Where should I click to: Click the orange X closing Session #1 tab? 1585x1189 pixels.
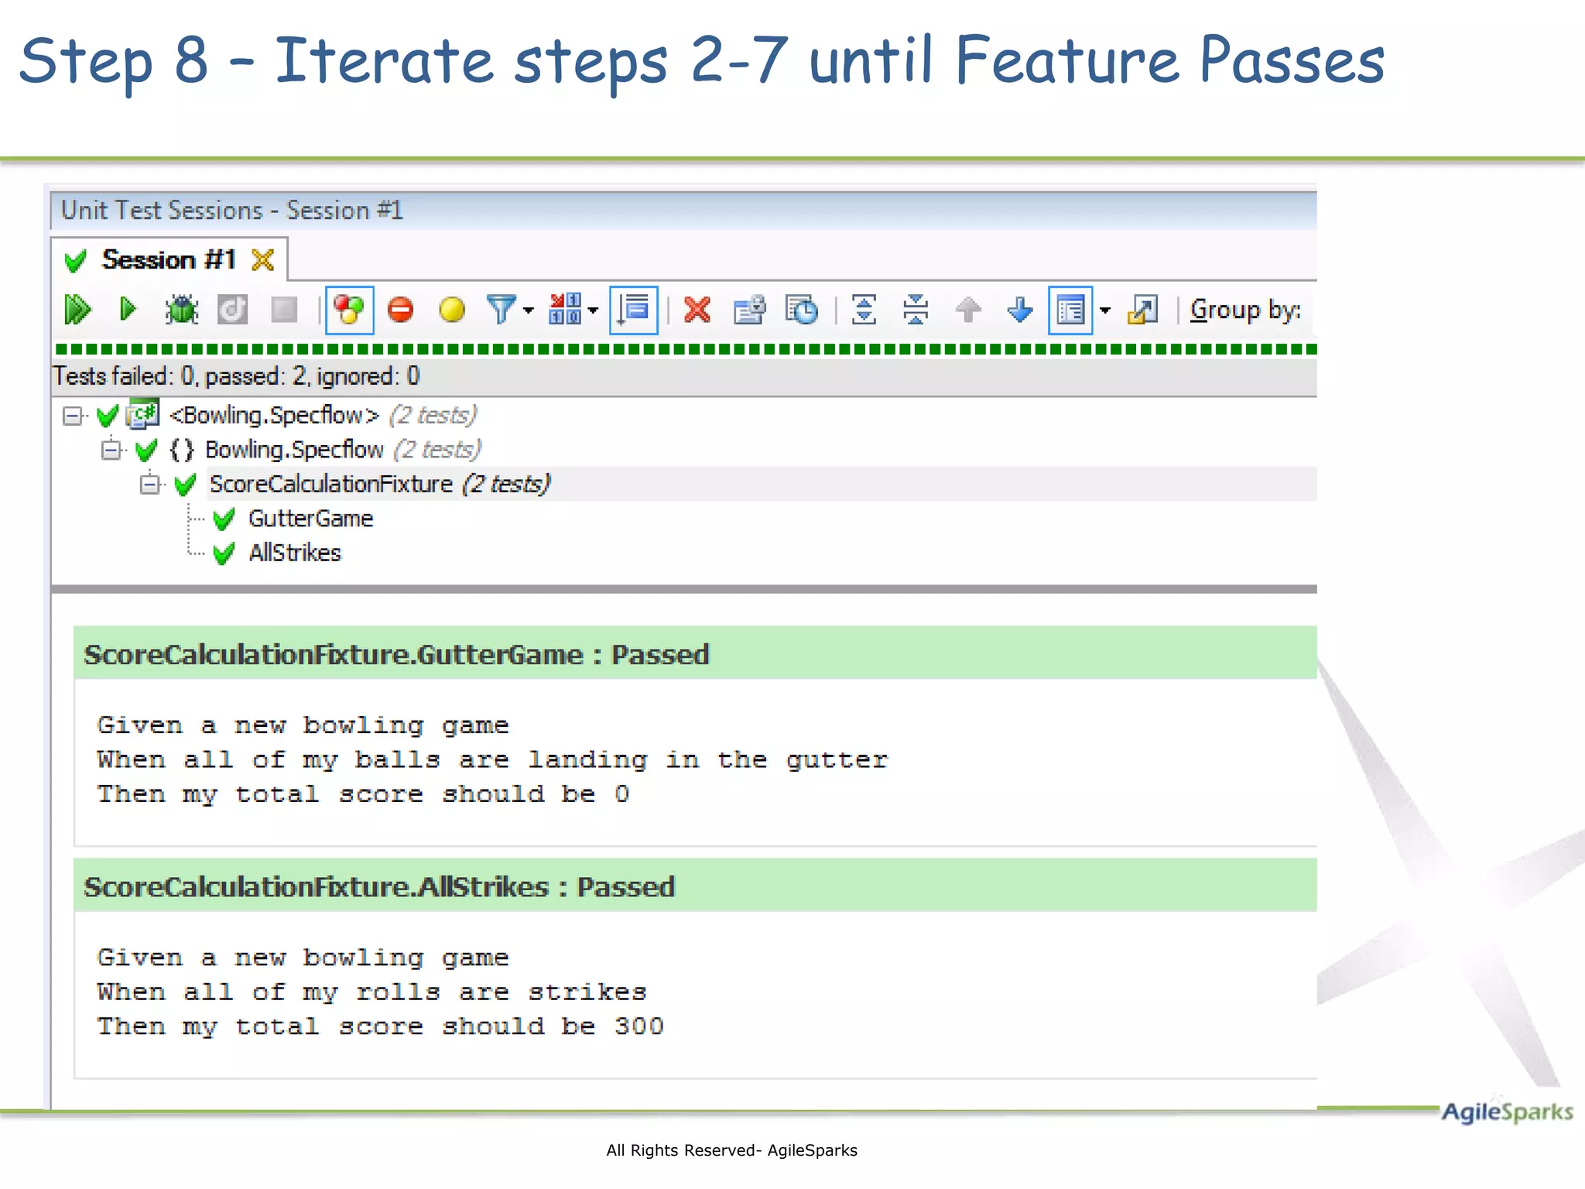263,260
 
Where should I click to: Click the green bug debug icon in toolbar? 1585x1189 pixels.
182,310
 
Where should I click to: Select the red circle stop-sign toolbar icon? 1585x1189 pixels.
400,310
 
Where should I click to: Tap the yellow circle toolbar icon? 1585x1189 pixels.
452,310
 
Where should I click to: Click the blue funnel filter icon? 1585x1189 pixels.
502,310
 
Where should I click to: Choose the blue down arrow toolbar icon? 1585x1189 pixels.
1020,310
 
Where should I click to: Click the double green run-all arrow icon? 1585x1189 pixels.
77,310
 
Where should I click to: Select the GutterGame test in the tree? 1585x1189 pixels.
310,519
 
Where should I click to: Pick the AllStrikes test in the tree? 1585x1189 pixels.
294,553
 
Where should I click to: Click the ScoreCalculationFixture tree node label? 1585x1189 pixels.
331,485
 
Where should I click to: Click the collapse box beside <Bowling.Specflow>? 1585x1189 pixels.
72,416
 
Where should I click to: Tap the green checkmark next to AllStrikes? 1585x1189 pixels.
224,553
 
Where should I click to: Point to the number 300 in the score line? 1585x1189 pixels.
638,1026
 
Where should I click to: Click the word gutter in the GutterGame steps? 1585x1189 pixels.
837,760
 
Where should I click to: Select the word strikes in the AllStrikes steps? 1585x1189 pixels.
587,992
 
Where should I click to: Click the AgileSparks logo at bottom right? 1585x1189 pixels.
1506,1112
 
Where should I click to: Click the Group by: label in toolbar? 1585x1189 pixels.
1244,310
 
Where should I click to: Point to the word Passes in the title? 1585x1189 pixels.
1291,62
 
